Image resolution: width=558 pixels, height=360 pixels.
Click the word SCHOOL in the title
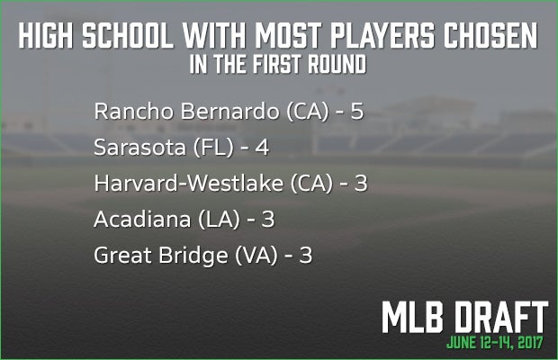pyautogui.click(x=128, y=35)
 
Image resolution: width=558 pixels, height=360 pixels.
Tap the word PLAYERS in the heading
pyautogui.click(x=382, y=35)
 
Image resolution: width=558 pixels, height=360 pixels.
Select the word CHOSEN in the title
pyautogui.click(x=490, y=35)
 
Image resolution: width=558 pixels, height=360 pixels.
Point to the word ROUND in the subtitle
pyautogui.click(x=337, y=64)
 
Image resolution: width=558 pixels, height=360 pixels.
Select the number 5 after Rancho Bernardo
pyautogui.click(x=357, y=112)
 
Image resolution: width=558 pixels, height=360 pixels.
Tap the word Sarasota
pyautogui.click(x=139, y=148)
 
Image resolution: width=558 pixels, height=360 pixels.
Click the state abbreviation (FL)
pyautogui.click(x=213, y=148)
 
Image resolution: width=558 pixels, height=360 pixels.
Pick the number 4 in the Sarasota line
pyautogui.click(x=262, y=148)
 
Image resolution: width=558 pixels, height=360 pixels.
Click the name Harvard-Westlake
pyautogui.click(x=189, y=184)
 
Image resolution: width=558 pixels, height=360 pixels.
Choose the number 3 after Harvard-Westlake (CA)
pyautogui.click(x=361, y=184)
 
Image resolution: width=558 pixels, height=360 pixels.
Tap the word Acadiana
pyautogui.click(x=142, y=219)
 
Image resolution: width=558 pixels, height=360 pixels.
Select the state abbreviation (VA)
pyautogui.click(x=256, y=256)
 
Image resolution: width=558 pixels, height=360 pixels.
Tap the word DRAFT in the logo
pyautogui.click(x=501, y=318)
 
